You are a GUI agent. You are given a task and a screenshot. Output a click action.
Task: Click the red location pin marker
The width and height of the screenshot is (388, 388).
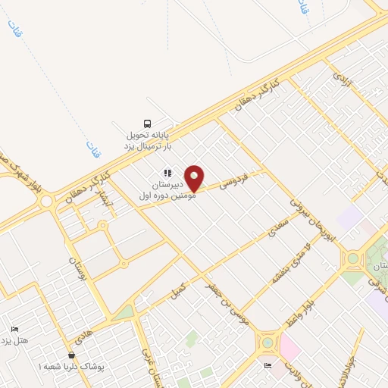pyautogui.click(x=195, y=177)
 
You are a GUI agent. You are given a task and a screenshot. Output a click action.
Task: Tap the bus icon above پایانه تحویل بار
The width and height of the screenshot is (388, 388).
pyautogui.click(x=148, y=124)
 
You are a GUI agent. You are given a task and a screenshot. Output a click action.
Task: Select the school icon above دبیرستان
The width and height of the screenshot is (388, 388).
pyautogui.click(x=167, y=174)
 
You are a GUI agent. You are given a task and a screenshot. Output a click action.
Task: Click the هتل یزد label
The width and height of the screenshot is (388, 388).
pyautogui.click(x=14, y=340)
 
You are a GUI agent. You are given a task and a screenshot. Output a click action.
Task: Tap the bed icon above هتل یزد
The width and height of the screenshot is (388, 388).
pyautogui.click(x=14, y=328)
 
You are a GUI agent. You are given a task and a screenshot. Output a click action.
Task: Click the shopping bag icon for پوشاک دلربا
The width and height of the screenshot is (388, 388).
pyautogui.click(x=72, y=355)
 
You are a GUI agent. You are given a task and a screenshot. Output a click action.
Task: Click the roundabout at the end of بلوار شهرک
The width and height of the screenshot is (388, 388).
pyautogui.click(x=47, y=202)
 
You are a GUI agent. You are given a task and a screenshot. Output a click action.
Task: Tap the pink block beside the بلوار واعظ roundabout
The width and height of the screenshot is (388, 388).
pyautogui.click(x=289, y=348)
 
